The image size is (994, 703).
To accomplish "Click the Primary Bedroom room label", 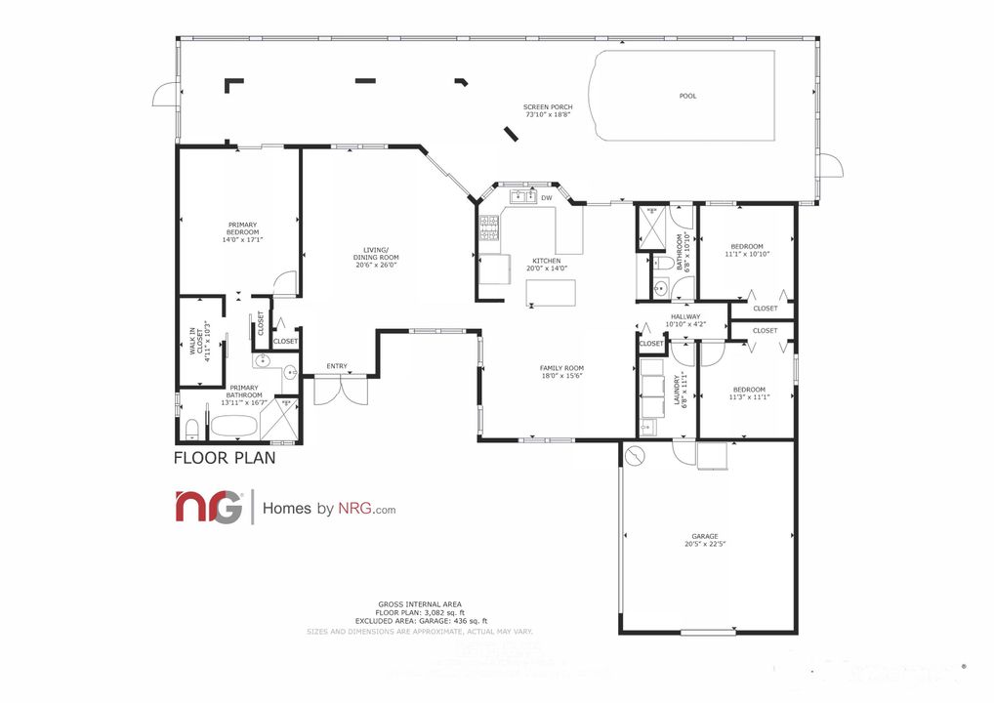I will [242, 231].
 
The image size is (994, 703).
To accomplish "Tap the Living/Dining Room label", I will [376, 258].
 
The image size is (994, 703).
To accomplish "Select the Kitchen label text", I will [546, 262].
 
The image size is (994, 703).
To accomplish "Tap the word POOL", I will [688, 96].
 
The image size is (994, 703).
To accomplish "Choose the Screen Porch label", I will [548, 110].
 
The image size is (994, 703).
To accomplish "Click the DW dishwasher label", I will [547, 198].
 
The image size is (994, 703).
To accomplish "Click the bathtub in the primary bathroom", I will [233, 427].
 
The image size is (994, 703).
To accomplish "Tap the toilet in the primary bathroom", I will [192, 429].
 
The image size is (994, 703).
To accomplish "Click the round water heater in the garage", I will [637, 456].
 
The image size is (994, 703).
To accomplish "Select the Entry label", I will [337, 366].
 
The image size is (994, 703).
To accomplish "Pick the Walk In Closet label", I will [202, 343].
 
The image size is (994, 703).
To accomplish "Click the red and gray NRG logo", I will [208, 508].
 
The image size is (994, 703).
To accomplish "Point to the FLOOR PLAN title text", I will [224, 457].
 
